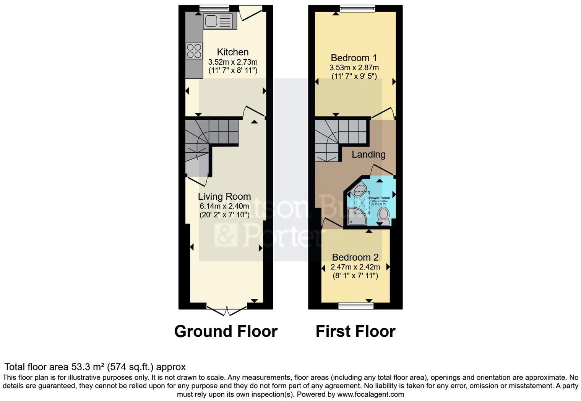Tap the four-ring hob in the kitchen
(194, 51)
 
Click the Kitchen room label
(233, 52)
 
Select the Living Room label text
(224, 197)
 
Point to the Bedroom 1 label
(354, 58)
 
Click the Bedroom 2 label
(355, 257)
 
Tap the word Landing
(368, 154)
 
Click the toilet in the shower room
(383, 216)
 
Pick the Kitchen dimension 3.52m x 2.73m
(233, 62)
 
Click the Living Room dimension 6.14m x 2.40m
(224, 206)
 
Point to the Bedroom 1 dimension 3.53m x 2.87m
(354, 68)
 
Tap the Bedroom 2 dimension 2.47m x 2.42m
(355, 267)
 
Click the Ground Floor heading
(226, 331)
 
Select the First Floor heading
(355, 331)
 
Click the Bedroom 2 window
(356, 305)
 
